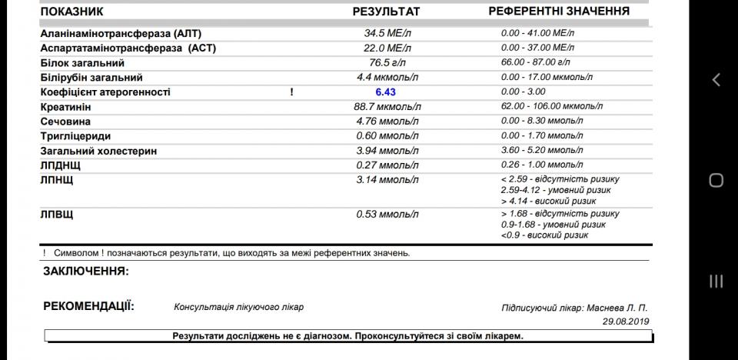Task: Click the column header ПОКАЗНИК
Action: coord(71,12)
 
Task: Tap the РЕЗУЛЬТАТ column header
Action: coord(387,12)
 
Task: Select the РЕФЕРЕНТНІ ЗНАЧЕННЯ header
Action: coord(559,12)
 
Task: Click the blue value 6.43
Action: coord(385,92)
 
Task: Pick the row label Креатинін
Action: coord(65,107)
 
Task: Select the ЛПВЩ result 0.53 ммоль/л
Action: coord(387,214)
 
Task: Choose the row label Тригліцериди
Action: coord(71,136)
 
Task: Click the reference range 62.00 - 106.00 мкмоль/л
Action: coord(547,107)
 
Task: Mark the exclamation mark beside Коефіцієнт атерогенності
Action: coord(292,92)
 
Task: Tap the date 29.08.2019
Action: coord(626,321)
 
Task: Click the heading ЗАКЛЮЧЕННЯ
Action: coord(86,272)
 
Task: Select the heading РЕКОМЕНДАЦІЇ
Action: coord(88,306)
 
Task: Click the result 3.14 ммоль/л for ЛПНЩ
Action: coord(387,179)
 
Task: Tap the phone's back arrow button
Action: coord(716,79)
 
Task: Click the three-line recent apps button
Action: coord(716,282)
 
